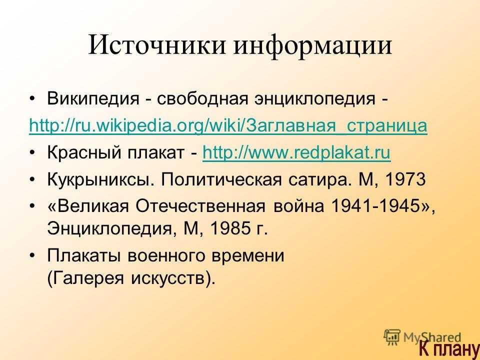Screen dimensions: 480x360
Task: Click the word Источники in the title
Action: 157,45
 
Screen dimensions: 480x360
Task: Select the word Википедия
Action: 93,98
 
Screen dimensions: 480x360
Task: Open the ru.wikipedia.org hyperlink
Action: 228,125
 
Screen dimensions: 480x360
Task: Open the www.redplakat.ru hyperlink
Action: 296,152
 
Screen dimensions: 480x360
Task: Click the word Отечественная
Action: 200,205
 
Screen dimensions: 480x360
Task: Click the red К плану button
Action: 449,349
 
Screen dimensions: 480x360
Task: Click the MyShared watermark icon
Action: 392,337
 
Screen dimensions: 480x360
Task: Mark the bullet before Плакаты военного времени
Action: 32,255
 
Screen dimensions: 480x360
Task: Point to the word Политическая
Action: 221,179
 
